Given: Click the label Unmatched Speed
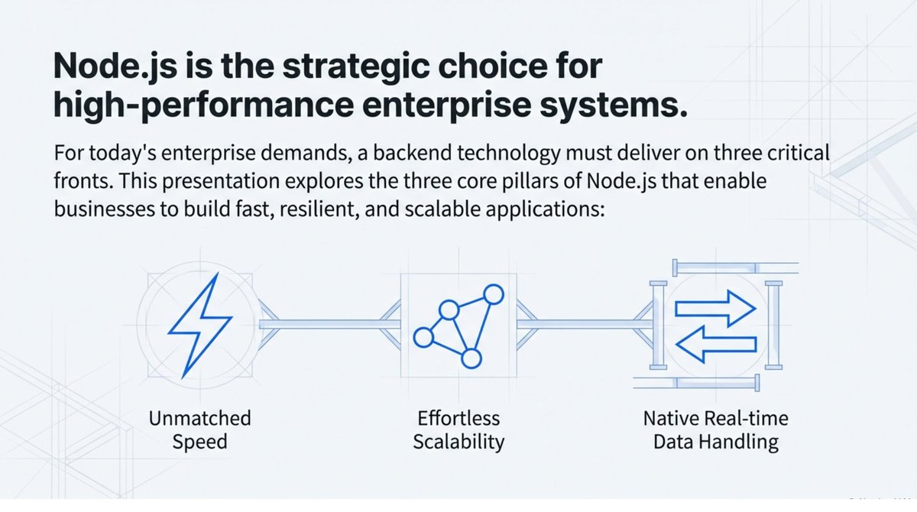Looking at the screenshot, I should (x=199, y=429).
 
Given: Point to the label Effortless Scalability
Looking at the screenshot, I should (x=458, y=429).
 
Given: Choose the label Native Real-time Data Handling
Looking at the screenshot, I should (x=716, y=429).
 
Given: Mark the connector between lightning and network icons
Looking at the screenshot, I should (x=329, y=324).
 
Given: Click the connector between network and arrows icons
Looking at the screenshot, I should (x=585, y=324).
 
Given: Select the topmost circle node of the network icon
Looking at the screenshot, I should (x=494, y=293).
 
